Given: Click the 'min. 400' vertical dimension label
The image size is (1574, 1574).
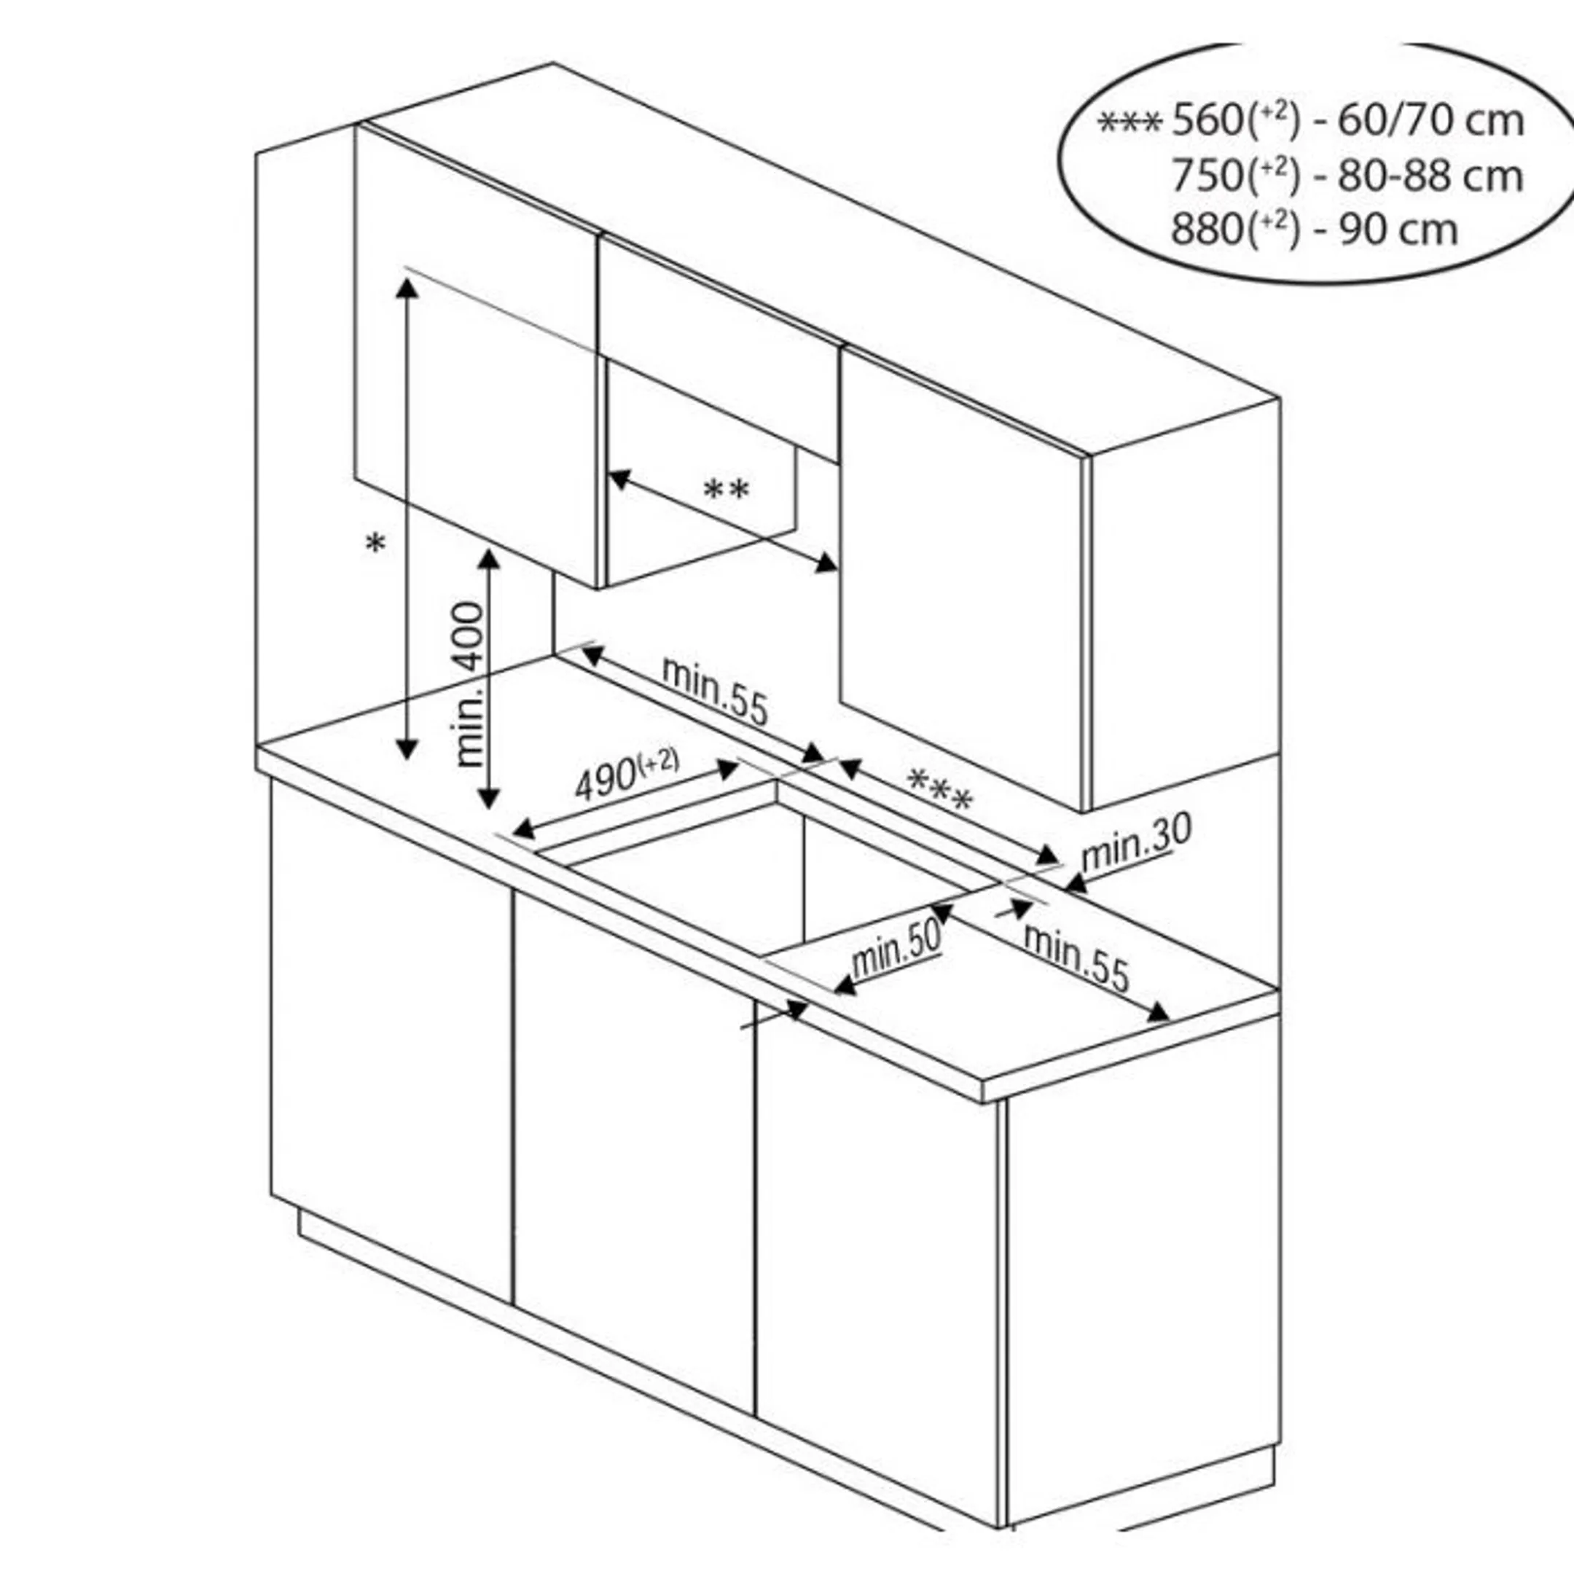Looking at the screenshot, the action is [470, 684].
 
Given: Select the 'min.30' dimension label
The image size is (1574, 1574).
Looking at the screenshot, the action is [1136, 841].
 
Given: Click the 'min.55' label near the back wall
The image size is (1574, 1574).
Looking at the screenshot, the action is [714, 689].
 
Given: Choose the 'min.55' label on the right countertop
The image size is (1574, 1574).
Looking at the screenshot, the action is [1076, 957].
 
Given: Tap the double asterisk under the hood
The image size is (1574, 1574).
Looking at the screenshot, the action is [726, 491].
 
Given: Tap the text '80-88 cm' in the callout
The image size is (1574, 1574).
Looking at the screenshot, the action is [1430, 175].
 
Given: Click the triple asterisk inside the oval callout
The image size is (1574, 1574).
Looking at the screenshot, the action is [1129, 123].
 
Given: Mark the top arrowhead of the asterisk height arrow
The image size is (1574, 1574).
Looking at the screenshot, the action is [407, 287].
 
